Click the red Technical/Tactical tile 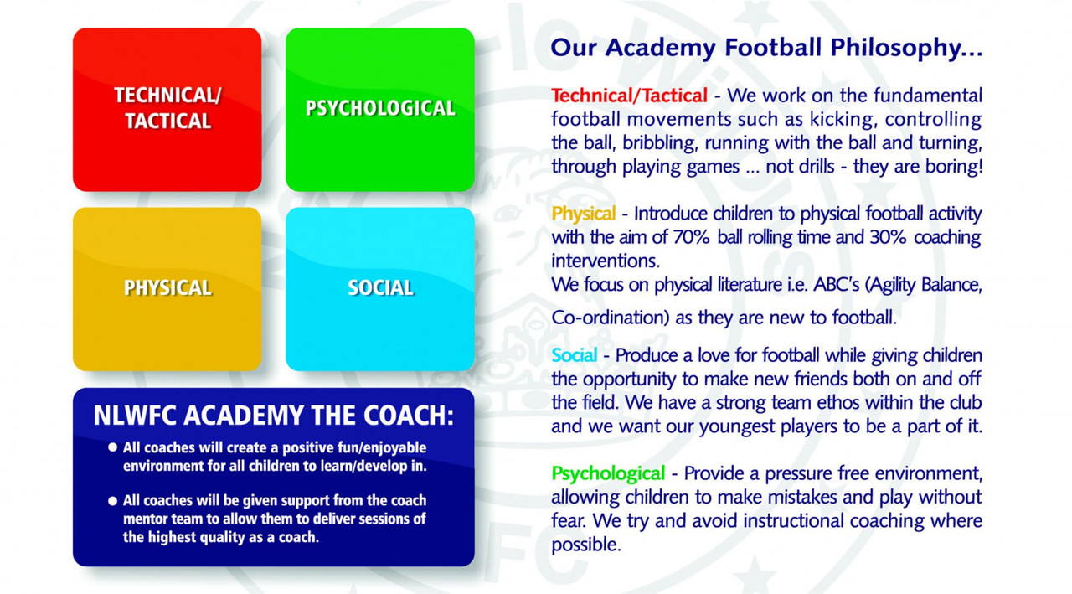tap(167, 110)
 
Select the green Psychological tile tap(380, 110)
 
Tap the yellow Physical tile tap(167, 289)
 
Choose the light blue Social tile tap(380, 289)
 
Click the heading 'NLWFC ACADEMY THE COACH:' tap(273, 415)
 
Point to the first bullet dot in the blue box tap(112, 447)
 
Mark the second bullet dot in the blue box tap(112, 501)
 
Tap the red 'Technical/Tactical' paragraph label tap(629, 96)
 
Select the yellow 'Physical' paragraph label tap(584, 214)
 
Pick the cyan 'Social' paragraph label tap(574, 355)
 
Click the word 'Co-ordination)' tap(610, 318)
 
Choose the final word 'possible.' tap(585, 545)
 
